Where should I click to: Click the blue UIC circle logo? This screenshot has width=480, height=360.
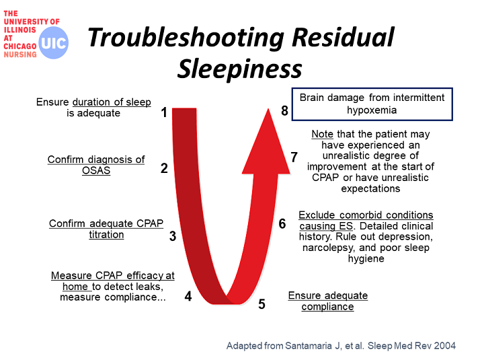(x=54, y=42)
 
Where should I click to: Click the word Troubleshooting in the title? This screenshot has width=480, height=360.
(x=186, y=38)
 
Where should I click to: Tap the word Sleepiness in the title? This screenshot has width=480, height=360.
(x=240, y=69)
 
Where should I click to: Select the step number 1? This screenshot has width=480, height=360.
(x=164, y=112)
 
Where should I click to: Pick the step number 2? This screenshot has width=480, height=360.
(x=164, y=168)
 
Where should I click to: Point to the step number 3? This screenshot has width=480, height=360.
(x=173, y=236)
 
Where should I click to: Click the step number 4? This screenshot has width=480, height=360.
(x=188, y=296)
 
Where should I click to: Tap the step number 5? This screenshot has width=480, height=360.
(x=262, y=304)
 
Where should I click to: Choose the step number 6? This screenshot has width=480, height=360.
(x=282, y=223)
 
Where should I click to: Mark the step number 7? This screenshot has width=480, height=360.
(x=294, y=157)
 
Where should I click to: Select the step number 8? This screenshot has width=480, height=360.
(x=284, y=110)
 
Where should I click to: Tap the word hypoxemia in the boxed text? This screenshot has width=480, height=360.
(x=372, y=110)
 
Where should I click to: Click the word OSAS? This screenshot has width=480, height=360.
(x=96, y=170)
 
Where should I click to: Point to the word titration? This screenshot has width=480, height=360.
(x=106, y=234)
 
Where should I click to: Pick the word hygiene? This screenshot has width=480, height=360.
(x=366, y=258)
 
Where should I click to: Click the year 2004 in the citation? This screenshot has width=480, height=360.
(x=444, y=346)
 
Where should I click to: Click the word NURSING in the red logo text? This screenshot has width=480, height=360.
(x=20, y=55)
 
